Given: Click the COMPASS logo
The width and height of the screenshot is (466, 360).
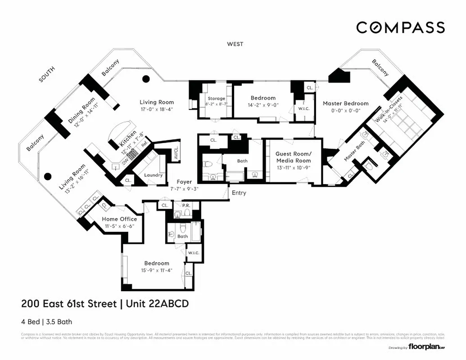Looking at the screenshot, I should [400, 27].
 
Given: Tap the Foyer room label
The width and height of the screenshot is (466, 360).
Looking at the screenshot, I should [185, 182].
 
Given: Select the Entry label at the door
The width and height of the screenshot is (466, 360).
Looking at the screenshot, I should [239, 193].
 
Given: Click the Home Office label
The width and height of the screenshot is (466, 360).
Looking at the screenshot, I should [116, 219].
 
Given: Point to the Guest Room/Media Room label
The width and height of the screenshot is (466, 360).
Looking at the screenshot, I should [293, 157].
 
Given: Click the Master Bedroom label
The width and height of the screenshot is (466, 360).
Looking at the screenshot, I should [345, 103].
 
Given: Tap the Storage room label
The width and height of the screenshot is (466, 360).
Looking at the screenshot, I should [216, 99].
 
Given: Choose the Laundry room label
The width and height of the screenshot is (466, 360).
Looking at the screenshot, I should [153, 175].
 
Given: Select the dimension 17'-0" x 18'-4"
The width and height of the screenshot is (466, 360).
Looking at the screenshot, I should [156, 109].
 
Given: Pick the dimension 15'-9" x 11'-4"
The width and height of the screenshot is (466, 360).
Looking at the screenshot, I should [156, 270].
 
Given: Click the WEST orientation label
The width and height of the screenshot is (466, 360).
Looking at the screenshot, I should [235, 44].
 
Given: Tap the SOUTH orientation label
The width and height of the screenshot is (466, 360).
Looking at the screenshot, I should [47, 74].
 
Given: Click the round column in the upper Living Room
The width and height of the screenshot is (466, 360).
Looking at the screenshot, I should [146, 79].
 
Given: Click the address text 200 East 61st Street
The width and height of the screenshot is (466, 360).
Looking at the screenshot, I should [69, 304].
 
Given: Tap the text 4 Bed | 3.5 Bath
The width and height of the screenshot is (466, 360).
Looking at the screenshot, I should [46, 322].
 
